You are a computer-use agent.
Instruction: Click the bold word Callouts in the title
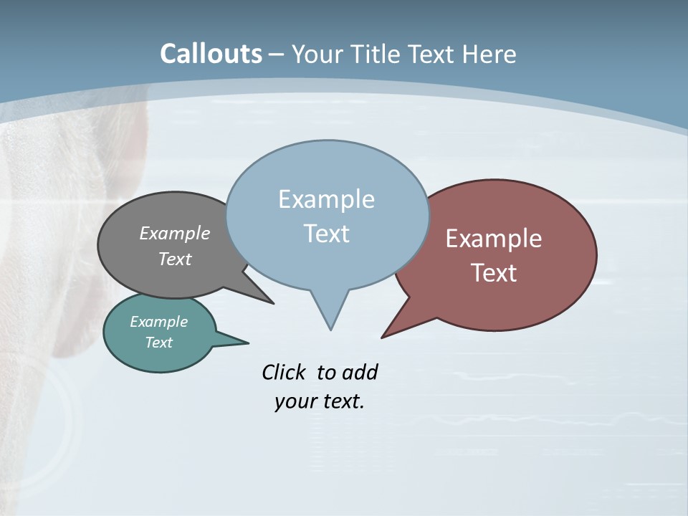211,54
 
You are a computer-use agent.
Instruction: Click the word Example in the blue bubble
326,199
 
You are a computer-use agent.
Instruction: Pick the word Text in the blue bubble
326,234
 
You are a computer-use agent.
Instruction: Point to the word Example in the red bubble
494,239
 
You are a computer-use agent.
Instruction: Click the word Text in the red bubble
494,273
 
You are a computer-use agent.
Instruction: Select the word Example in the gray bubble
175,233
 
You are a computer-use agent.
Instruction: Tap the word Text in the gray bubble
175,259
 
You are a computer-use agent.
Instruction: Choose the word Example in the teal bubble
158,322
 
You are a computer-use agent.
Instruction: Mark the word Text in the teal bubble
158,343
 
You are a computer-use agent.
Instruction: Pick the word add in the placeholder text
360,372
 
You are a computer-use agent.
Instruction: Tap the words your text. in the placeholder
320,401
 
